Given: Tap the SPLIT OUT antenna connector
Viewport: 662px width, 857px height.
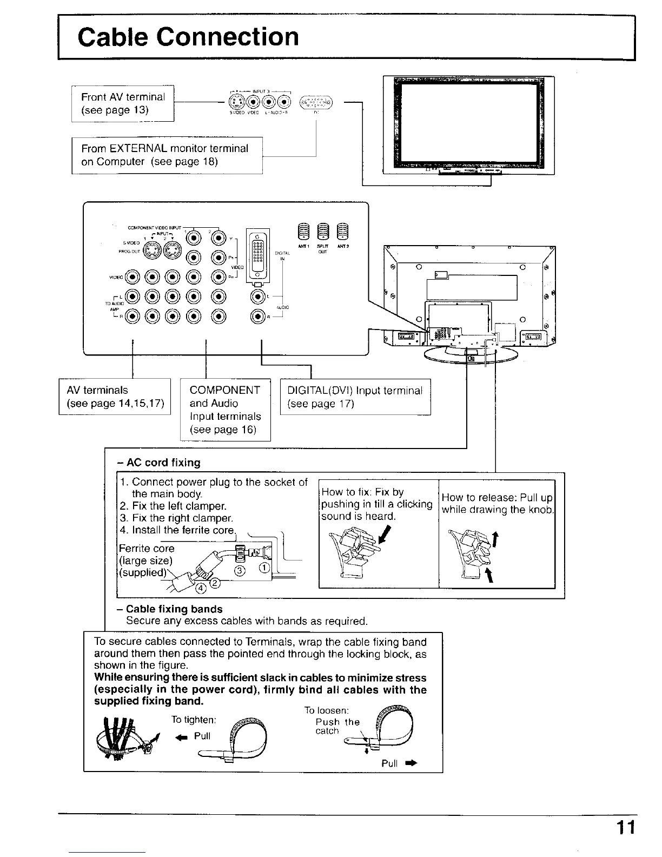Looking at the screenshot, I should click(x=323, y=231).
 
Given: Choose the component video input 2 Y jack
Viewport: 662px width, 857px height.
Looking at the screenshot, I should click(x=219, y=237).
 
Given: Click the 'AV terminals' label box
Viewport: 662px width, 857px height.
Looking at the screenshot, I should click(x=115, y=397).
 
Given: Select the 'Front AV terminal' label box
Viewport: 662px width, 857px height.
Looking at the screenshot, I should click(x=123, y=103).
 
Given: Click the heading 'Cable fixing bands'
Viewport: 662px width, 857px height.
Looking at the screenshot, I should click(x=174, y=609).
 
